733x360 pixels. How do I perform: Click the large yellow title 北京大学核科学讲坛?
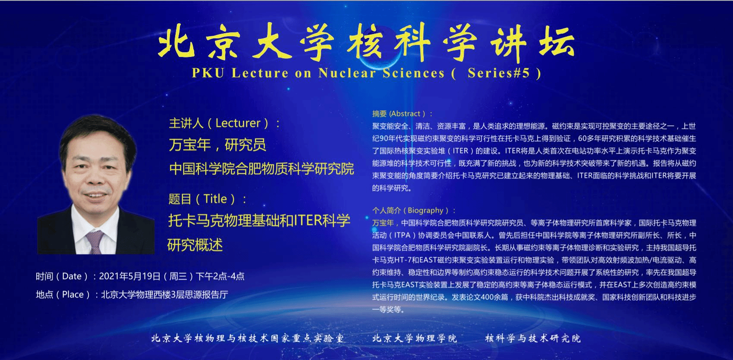[x=366, y=43]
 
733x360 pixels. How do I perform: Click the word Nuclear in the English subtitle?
[x=347, y=73]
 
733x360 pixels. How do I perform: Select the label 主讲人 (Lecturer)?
[x=224, y=123]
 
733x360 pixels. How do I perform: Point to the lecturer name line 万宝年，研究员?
[x=217, y=145]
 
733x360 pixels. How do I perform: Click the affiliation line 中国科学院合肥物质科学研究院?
[x=261, y=169]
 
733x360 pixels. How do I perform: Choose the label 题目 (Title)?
[x=208, y=199]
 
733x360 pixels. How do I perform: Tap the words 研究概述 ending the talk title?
[x=195, y=245]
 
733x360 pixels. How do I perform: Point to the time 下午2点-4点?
[x=220, y=276]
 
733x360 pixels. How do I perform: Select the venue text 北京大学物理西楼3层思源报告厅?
[x=165, y=294]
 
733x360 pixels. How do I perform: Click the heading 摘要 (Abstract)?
[x=402, y=114]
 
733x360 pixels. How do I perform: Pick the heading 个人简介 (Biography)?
[x=414, y=210]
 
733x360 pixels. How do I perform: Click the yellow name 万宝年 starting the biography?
[x=383, y=223]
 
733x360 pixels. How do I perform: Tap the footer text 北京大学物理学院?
[x=414, y=338]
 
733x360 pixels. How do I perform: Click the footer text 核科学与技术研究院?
[x=533, y=338]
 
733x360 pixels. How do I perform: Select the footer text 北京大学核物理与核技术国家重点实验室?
[x=247, y=338]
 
